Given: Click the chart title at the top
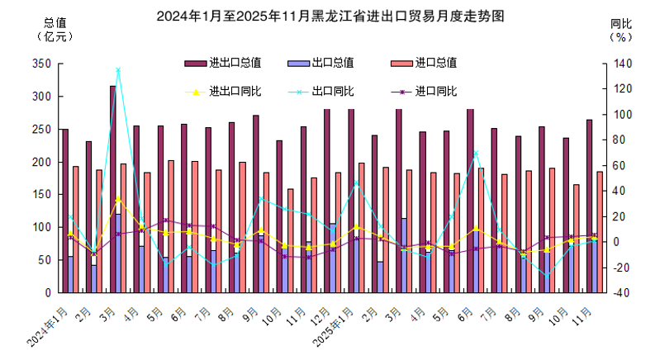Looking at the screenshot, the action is (330, 17).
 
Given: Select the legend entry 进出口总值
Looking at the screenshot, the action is (223, 63).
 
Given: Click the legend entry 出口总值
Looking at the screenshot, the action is (321, 63).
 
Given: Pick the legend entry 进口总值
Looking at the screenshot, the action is (424, 63).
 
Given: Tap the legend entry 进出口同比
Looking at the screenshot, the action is (223, 92).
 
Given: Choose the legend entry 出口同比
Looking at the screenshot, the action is (321, 92).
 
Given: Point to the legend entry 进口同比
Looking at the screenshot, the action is (424, 92).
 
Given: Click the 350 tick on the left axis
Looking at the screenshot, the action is (41, 64).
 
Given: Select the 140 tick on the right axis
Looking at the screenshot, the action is (623, 64).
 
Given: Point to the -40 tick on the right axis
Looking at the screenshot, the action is (622, 293).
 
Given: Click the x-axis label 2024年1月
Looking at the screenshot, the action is (47, 327).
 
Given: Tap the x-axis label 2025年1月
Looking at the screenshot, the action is (333, 327).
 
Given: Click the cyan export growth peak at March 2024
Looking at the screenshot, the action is (118, 70).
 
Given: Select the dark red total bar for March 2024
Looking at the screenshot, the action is (113, 189).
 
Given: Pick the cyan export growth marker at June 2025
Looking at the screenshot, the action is (476, 153).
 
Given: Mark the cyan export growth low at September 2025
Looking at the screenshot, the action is (547, 277).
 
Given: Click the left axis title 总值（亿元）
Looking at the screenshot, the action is (55, 30).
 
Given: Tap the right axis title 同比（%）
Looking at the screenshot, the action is (621, 31).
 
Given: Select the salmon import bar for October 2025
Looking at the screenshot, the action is (577, 239).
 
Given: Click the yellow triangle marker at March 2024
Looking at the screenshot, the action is (118, 199).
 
